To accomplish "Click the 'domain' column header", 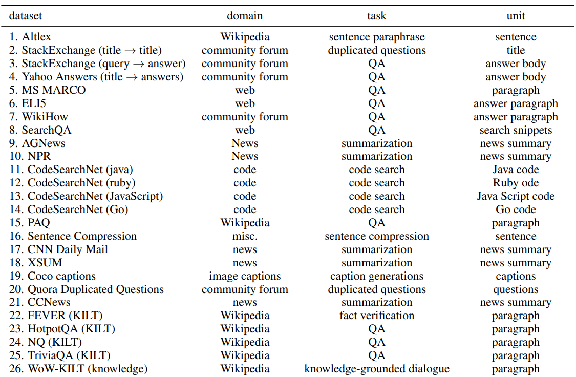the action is coord(245,16).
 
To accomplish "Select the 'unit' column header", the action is coord(516,16).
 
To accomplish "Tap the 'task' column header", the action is coord(376,16).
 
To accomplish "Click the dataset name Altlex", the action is coord(36,37).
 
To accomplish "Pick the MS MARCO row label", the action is coord(54,90).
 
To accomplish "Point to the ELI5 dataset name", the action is coord(34,103).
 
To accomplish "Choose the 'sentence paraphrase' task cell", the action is coord(376,37).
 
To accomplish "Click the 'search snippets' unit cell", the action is coord(516,130).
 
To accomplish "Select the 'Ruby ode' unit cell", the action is coord(516,183).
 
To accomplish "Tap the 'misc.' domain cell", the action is coord(245,236).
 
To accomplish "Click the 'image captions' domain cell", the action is coord(245,276).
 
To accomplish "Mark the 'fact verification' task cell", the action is coord(376,315).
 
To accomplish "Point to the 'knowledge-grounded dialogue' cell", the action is coord(376,369).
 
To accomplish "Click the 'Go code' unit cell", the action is coord(516,210).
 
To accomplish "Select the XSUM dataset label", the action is coord(45,263).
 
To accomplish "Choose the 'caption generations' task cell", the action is coord(376,276).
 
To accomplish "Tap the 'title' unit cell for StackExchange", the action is coord(516,50).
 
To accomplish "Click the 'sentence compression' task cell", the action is coord(376,236).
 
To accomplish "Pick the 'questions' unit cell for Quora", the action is coord(516,289).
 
